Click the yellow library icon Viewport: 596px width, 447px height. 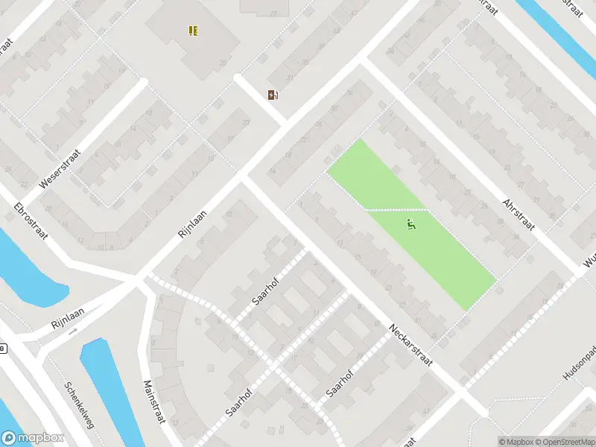194,31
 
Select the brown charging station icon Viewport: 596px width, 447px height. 273,95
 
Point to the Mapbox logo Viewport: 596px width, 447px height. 31,438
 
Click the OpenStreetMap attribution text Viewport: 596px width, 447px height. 563,441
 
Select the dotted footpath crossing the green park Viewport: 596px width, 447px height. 395,209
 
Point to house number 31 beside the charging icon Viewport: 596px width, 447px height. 289,78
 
